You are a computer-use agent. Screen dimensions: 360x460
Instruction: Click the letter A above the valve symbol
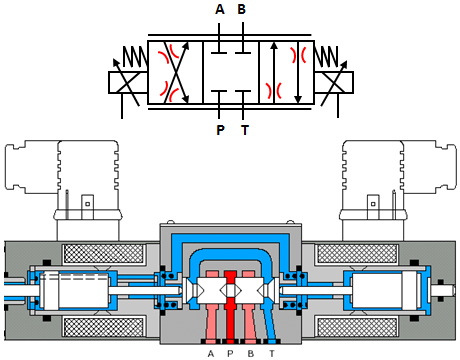pyautogui.click(x=219, y=10)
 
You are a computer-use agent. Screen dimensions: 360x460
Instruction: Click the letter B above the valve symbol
pyautogui.click(x=241, y=10)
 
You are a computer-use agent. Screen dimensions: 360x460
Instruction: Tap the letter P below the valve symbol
pyautogui.click(x=219, y=129)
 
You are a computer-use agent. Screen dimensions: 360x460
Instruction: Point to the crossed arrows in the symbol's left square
pyautogui.click(x=175, y=71)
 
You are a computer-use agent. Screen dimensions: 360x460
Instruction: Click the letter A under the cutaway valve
pyautogui.click(x=211, y=352)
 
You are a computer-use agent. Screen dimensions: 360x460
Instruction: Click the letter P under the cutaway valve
pyautogui.click(x=229, y=352)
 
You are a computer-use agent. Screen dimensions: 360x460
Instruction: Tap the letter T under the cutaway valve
pyautogui.click(x=271, y=352)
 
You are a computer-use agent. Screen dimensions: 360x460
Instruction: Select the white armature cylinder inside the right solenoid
pyautogui.click(x=385, y=291)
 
